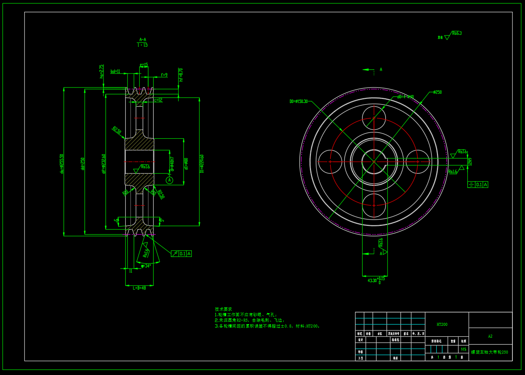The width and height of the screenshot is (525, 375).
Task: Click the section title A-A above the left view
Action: point(143,40)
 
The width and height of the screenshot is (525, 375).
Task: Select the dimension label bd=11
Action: point(115,71)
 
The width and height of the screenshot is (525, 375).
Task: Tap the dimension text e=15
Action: point(144,65)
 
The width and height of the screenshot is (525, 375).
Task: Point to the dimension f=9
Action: point(164,75)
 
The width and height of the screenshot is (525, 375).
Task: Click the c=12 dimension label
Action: point(158,100)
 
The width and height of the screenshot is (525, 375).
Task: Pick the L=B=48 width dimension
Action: point(139,288)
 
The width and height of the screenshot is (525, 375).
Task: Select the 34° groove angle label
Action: point(146,266)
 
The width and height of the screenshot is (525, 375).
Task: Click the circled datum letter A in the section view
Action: point(170,180)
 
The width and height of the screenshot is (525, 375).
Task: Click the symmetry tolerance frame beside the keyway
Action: point(478,185)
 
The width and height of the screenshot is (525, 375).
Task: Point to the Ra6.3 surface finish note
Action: point(456,33)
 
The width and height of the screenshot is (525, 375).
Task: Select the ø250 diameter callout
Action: point(437,92)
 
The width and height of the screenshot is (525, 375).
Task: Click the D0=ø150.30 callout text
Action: point(299,101)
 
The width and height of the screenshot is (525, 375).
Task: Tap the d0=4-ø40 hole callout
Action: point(406,97)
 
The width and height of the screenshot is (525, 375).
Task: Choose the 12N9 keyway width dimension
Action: point(470,161)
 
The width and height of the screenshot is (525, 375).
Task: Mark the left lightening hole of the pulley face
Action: point(330,161)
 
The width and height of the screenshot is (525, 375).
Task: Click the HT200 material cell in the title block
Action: point(442,324)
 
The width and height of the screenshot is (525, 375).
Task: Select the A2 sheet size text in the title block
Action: point(490,336)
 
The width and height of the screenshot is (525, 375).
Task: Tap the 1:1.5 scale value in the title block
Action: point(464,349)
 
